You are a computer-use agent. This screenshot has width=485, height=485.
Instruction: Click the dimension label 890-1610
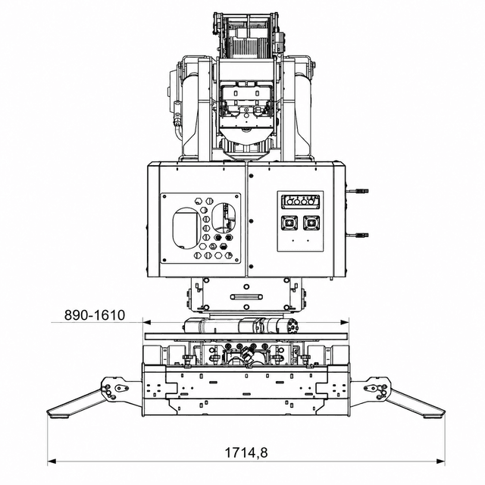[x=95, y=315]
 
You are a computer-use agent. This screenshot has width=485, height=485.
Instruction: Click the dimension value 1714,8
[x=246, y=453]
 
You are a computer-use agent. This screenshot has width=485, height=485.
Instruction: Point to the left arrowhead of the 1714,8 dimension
[x=52, y=462]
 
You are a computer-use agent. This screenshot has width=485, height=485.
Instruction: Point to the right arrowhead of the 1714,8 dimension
[x=440, y=462]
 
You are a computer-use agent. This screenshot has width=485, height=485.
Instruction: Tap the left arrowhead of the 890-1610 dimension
[x=146, y=323]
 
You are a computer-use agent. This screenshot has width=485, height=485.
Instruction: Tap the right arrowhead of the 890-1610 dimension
[x=345, y=323]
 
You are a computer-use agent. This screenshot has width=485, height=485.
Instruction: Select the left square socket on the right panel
[x=289, y=223]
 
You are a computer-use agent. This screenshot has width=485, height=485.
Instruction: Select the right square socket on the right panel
[x=311, y=223]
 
